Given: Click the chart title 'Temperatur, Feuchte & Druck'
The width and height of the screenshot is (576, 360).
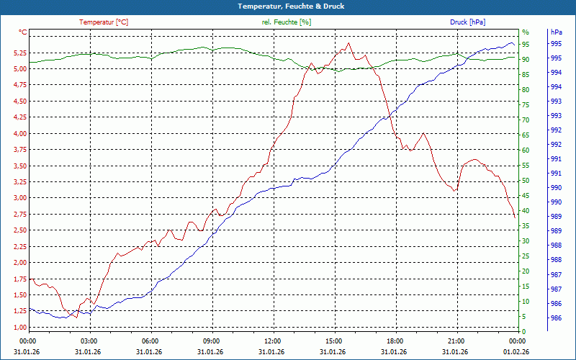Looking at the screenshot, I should [288, 6].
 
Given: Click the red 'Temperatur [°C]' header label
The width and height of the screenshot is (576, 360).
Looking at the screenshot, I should [104, 22].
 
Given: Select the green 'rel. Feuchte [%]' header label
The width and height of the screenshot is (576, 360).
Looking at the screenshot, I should [287, 22].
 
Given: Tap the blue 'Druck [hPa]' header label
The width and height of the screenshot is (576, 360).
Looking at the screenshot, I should [467, 22].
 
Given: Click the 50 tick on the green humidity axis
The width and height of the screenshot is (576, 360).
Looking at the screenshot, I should [526, 181].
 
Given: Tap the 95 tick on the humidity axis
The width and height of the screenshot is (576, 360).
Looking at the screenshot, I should [526, 44].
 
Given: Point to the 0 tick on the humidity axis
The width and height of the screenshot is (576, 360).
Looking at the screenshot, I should [524, 332].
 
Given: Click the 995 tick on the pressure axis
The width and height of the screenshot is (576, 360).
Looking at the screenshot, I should [557, 44].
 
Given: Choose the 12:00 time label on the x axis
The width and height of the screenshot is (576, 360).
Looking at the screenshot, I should [273, 341].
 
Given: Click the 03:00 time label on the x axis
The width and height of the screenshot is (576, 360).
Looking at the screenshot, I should [89, 341].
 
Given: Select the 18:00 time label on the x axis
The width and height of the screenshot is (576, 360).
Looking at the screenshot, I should [395, 341].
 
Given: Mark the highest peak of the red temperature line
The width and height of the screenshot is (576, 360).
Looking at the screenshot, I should [348, 42].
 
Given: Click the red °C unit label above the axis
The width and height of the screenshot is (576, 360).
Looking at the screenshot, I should [23, 32].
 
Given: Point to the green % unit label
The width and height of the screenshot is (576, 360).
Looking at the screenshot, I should [526, 32].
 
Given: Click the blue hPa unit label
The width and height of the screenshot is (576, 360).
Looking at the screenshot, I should [557, 32].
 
